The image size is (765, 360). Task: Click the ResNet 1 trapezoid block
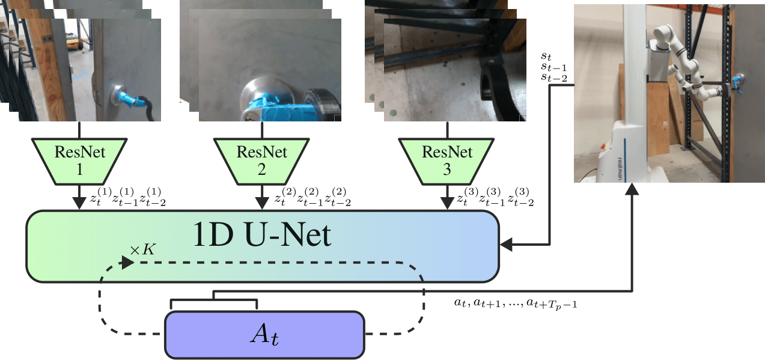[x=79, y=159]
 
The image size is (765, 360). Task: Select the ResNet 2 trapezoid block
[x=262, y=159]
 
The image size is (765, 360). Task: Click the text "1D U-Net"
[x=263, y=236]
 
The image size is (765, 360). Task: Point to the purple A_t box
[x=264, y=334]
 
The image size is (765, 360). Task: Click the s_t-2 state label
[x=553, y=77]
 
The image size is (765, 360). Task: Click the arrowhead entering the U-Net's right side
[x=506, y=244]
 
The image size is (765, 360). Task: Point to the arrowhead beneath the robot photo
[x=633, y=189]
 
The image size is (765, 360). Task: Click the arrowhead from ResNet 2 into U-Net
[x=262, y=204]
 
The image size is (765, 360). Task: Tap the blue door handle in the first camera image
[x=129, y=97]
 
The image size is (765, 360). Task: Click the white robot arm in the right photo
[x=685, y=66]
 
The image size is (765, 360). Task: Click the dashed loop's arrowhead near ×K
[x=127, y=262]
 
